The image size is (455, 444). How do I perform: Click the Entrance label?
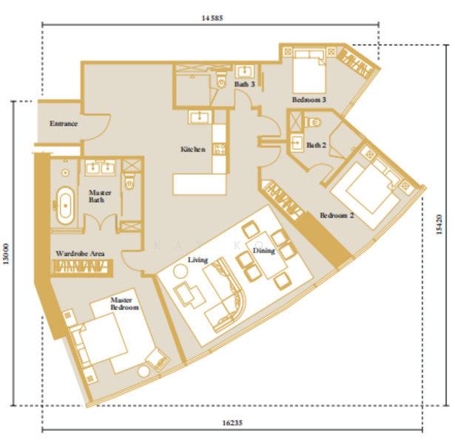(64, 124)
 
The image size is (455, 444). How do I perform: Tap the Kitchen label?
(193, 149)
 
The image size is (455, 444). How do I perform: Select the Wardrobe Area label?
(80, 254)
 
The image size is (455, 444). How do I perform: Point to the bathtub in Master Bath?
(66, 206)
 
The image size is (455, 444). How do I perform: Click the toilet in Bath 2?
(313, 122)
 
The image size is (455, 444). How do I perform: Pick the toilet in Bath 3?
(221, 80)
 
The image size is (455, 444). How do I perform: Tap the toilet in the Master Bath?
(129, 181)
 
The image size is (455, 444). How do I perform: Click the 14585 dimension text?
(212, 18)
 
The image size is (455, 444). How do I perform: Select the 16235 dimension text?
(232, 423)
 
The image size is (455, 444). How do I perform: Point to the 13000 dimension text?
(6, 254)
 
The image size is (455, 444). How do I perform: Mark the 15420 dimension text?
(439, 224)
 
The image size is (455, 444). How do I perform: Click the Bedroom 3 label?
(309, 100)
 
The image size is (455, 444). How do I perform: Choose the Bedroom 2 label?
(337, 215)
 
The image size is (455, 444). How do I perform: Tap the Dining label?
(264, 251)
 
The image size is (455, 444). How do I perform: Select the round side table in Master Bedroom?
(144, 371)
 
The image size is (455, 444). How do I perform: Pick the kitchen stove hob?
(220, 149)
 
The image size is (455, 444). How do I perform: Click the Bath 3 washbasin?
(245, 70)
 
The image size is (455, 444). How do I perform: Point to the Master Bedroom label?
(124, 303)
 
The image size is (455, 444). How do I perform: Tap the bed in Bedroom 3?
(309, 71)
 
